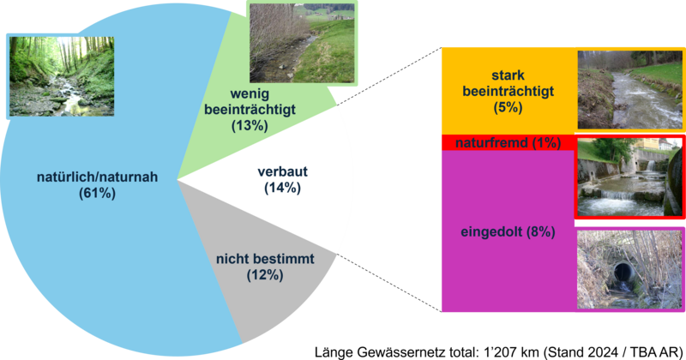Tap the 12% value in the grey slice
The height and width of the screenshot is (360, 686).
[264, 275]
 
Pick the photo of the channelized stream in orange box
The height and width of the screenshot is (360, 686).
[630, 89]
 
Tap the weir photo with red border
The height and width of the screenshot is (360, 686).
[630, 176]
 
